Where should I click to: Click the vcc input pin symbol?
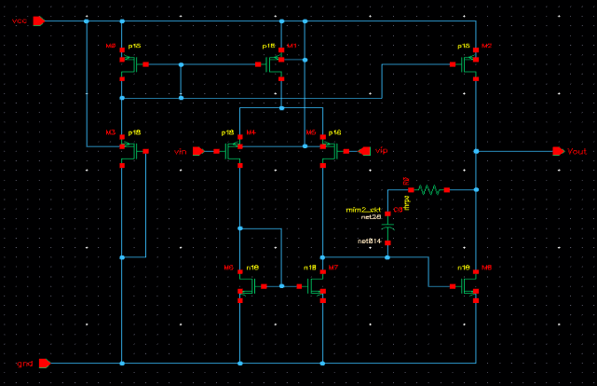tap(39, 21)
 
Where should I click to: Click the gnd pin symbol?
tap(43, 363)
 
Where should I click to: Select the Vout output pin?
tap(558, 151)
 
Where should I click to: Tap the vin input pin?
tap(198, 150)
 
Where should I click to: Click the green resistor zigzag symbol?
tap(427, 189)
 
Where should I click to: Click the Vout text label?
tap(577, 151)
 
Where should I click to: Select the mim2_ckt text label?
tap(363, 211)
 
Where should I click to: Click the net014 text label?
tap(370, 241)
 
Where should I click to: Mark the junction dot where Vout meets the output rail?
tap(475, 151)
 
